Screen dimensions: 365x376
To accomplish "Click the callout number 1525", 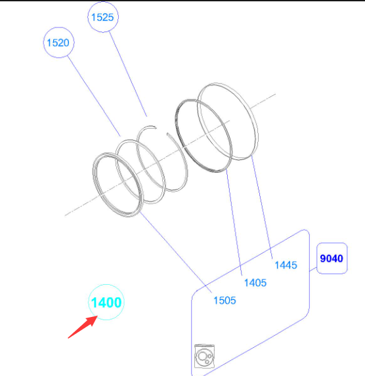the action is (x=102, y=17).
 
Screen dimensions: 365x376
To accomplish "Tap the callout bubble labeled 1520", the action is (x=58, y=43).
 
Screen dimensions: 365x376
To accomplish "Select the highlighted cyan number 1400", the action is (x=106, y=303).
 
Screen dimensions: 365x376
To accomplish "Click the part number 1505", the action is (x=225, y=301).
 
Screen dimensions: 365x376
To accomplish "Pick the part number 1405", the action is (x=255, y=283).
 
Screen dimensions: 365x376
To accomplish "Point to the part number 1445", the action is (x=286, y=265).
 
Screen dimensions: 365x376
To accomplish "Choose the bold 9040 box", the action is (x=332, y=259).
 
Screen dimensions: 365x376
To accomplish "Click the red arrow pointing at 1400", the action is (x=83, y=327).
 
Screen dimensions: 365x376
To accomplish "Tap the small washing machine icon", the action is (x=204, y=356).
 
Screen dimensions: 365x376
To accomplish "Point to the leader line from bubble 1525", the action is (x=128, y=74).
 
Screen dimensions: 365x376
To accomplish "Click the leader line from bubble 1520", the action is (x=94, y=96).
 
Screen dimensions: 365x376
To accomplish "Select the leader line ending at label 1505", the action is (x=176, y=252).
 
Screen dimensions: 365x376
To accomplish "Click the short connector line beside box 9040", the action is (x=313, y=269).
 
